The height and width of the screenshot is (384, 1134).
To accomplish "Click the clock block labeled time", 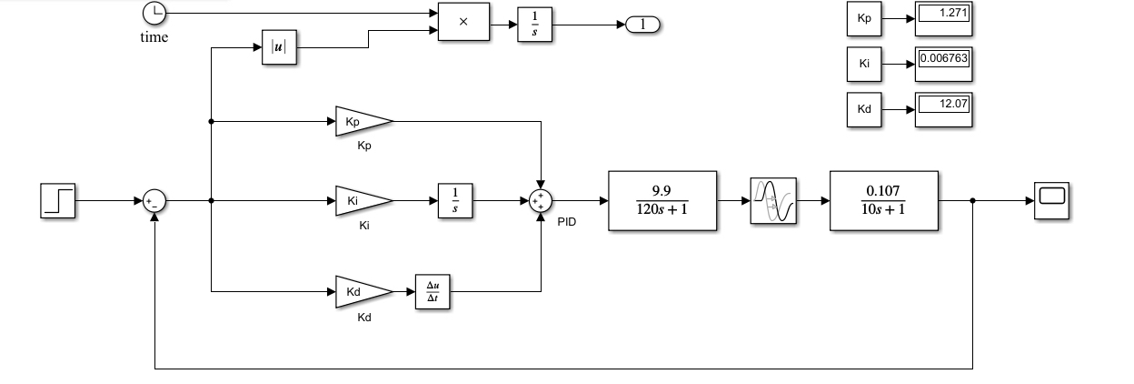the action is click(154, 13).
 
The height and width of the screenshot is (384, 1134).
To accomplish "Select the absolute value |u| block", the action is click(280, 47).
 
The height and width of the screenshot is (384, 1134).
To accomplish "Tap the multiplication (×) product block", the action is click(463, 22).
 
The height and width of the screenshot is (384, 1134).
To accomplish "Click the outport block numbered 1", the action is click(643, 25).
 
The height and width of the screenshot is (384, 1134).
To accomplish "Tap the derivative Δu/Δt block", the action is click(433, 292).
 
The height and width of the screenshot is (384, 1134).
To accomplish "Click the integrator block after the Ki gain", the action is click(455, 201).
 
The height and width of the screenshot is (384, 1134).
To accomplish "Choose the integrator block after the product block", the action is click(534, 25).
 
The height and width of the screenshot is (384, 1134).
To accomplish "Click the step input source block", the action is click(58, 201).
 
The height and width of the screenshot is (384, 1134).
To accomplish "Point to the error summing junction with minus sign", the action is click(154, 201).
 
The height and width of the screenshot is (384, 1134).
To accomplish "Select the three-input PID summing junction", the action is click(541, 201).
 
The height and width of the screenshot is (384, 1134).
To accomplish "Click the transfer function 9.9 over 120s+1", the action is click(662, 201).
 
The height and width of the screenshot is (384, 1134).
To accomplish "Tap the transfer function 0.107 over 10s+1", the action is click(884, 201).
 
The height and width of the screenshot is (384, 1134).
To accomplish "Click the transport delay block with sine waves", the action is click(773, 201).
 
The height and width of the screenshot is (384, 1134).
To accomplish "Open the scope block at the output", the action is click(1052, 201).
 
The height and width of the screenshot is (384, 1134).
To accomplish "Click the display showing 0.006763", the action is click(944, 64).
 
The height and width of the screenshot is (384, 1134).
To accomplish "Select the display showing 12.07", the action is click(944, 109).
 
